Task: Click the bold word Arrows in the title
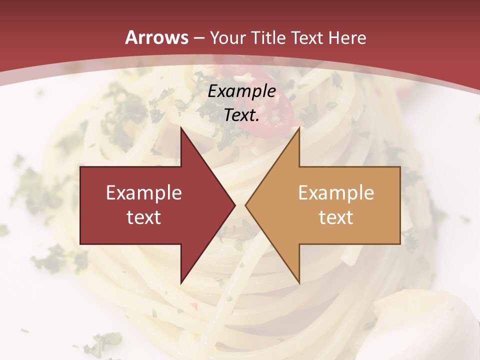click(x=157, y=37)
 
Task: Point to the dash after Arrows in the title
click(x=198, y=38)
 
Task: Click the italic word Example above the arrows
click(x=242, y=91)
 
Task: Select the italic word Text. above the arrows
click(x=242, y=115)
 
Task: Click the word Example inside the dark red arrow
click(x=144, y=193)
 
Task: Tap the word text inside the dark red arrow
click(x=144, y=217)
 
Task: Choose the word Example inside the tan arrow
click(x=336, y=193)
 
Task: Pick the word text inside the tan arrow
click(x=336, y=217)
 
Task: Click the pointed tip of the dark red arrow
click(x=235, y=205)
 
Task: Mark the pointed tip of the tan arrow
click(x=245, y=205)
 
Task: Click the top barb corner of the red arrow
click(x=181, y=128)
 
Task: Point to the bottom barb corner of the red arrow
click(x=181, y=282)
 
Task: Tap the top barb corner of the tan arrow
click(x=299, y=128)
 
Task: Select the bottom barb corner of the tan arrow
click(x=299, y=282)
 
